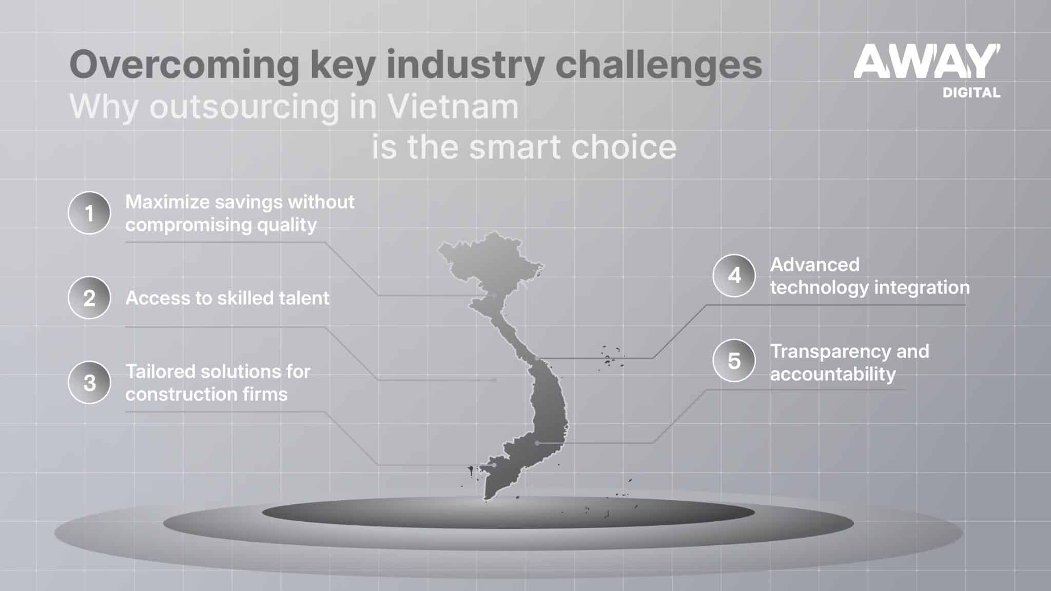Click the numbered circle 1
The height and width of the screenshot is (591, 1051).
coord(89,213)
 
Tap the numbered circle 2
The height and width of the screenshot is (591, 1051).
coord(89,298)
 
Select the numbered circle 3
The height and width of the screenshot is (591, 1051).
coord(89,383)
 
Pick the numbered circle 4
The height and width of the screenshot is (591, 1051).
coord(734,275)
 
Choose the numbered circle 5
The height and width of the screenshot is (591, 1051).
coord(734,361)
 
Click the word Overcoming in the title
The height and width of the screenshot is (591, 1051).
coord(184,65)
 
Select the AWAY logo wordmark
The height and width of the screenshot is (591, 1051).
coord(927,62)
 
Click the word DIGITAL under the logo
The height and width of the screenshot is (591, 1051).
coord(971,93)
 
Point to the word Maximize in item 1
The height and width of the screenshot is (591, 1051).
coord(167,202)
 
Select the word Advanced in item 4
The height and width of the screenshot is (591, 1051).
coord(814,265)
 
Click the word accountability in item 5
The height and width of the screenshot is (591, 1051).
coord(832,375)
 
